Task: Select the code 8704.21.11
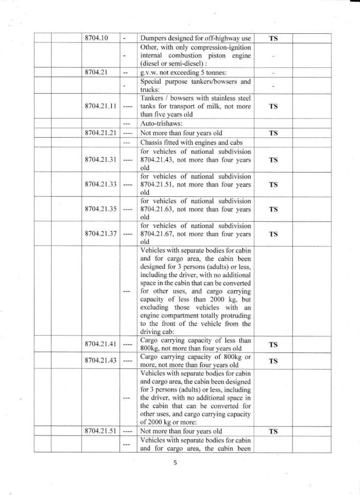101,106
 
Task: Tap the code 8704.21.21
101,133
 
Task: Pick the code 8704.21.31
101,159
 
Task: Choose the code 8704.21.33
101,184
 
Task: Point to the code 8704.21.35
101,209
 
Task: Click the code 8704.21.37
101,234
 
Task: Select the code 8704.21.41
101,345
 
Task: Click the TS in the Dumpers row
274,39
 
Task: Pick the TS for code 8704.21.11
274,106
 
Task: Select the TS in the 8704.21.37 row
274,234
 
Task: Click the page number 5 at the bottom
175,464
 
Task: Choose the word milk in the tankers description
210,106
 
